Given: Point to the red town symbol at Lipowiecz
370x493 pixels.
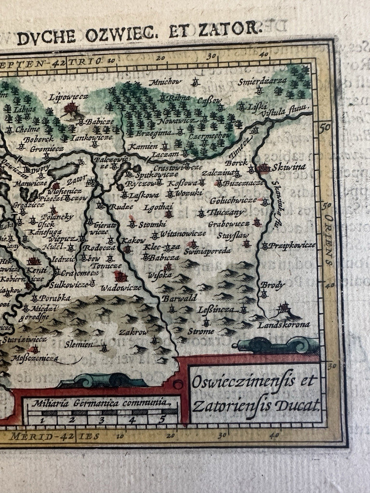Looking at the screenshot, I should point(72,108).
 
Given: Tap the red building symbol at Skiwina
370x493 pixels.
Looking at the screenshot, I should point(264,168).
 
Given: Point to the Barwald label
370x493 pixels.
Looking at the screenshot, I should point(179,298).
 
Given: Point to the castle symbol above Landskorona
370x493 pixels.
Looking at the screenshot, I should point(284,308).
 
